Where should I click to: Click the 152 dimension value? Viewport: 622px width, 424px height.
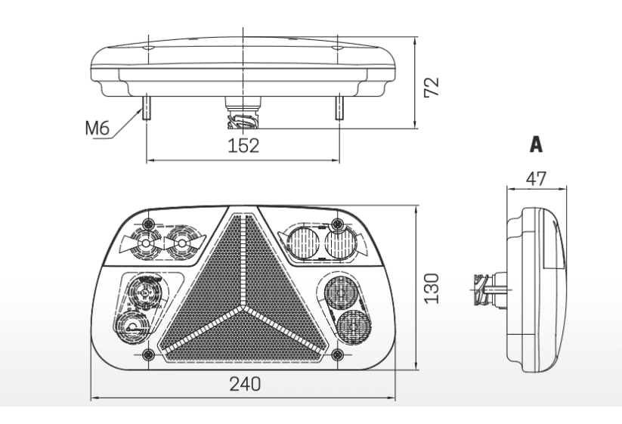243,146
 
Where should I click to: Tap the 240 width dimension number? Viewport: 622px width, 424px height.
245,384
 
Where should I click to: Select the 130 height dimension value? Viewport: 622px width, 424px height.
432,289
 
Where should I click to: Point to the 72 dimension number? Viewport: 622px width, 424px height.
432,86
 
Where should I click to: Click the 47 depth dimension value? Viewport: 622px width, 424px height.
537,179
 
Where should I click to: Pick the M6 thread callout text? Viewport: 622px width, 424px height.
97,128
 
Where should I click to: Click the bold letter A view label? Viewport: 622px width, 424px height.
536,144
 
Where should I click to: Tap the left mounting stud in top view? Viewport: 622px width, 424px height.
146,107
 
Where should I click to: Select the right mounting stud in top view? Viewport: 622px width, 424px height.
339,107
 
